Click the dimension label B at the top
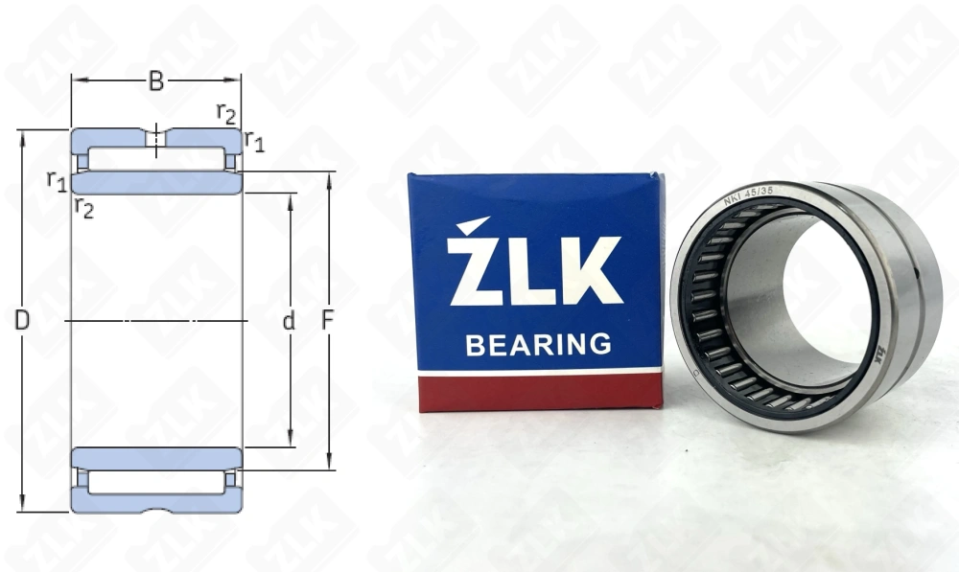pyautogui.click(x=155, y=82)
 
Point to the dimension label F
pyautogui.click(x=327, y=322)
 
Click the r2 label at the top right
pyautogui.click(x=226, y=113)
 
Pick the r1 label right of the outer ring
pyautogui.click(x=254, y=141)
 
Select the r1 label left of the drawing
pyautogui.click(x=57, y=179)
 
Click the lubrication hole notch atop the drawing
pyautogui.click(x=155, y=137)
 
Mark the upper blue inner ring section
pyautogui.click(x=155, y=183)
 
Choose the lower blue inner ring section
pyautogui.click(x=155, y=458)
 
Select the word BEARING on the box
pyautogui.click(x=538, y=344)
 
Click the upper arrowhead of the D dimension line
pyautogui.click(x=21, y=135)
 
